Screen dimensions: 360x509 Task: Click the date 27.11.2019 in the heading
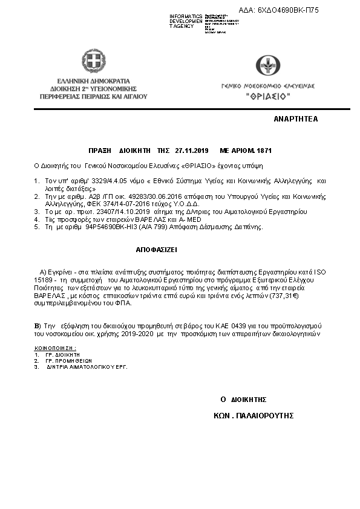(x=191, y=151)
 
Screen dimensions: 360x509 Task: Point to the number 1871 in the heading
(x=264, y=151)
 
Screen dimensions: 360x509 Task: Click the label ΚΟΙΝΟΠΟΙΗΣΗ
(x=55, y=349)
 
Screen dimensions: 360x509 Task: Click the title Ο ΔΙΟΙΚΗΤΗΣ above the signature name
(x=243, y=400)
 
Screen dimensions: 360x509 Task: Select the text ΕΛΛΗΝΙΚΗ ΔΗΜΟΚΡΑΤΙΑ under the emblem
(x=94, y=80)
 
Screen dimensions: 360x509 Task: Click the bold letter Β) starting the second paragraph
(x=38, y=326)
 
